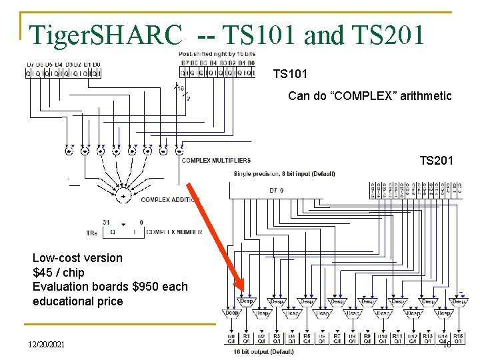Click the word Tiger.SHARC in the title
click(x=107, y=33)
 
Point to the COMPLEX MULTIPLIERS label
click(x=216, y=160)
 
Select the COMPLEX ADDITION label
click(x=170, y=199)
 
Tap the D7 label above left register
click(x=30, y=64)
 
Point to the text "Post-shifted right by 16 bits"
click(x=217, y=53)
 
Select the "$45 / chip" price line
click(x=59, y=273)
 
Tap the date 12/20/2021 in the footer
click(x=47, y=343)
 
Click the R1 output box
click(x=247, y=339)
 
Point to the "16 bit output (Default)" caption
click(x=263, y=351)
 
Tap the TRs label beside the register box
click(x=91, y=233)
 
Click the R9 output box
click(x=367, y=339)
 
